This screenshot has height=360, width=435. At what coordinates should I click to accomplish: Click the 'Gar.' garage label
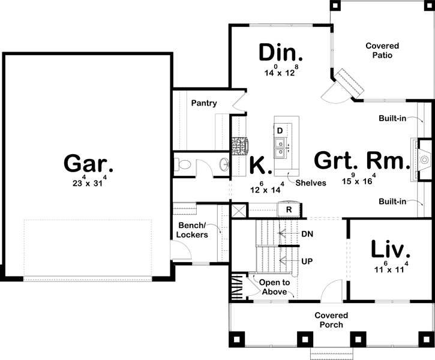[x=89, y=163]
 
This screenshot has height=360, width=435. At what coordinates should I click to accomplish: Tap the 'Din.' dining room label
[x=281, y=53]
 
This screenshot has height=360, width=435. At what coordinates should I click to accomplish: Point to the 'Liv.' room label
[x=390, y=250]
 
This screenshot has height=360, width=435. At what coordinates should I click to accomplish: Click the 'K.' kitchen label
[x=261, y=165]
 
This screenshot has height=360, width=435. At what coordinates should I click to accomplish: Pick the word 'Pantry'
[x=204, y=103]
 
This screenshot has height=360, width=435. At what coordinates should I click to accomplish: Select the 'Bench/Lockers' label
[x=192, y=230]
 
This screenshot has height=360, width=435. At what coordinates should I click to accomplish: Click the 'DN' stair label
[x=308, y=233]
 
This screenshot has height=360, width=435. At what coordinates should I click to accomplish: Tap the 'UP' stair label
[x=307, y=262]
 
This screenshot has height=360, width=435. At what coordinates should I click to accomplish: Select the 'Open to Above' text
[x=274, y=287]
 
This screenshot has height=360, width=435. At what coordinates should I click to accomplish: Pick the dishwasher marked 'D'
[x=280, y=130]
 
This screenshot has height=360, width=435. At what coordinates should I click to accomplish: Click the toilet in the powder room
[x=182, y=163]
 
